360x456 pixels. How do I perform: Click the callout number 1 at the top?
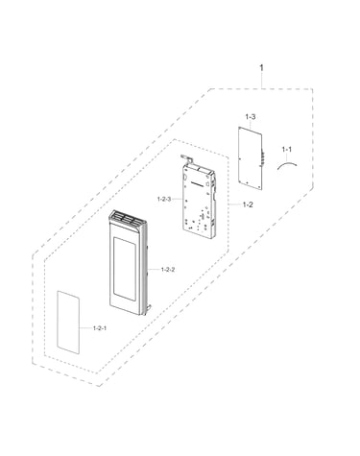[262, 68]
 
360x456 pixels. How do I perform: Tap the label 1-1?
[286, 149]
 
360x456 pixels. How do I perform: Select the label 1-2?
[248, 204]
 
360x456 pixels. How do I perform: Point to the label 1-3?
[251, 117]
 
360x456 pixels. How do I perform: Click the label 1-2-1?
[100, 328]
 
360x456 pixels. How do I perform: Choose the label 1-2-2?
[168, 270]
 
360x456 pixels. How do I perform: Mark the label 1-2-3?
[164, 199]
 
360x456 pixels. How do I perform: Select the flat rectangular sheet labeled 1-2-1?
[68, 323]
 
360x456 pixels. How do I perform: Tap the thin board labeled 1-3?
[251, 158]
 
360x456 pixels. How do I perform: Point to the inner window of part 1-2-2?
[124, 269]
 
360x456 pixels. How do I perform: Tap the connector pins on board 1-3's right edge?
[263, 157]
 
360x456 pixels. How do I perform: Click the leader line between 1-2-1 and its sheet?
[85, 328]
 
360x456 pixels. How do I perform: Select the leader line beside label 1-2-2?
[155, 270]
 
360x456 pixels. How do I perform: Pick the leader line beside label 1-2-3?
[178, 199]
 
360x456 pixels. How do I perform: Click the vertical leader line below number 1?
[262, 81]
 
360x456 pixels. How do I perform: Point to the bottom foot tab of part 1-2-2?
[148, 309]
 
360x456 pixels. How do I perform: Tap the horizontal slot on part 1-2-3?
[197, 183]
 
